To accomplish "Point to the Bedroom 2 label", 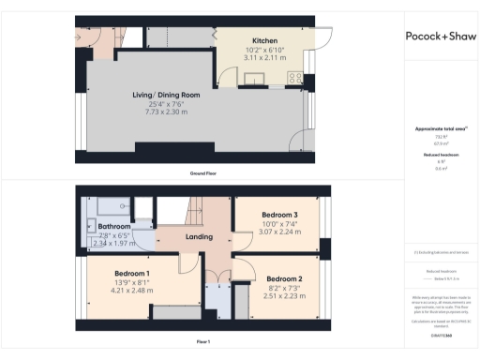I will (285, 278).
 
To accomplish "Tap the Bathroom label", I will (113, 226).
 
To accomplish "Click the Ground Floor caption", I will (204, 173).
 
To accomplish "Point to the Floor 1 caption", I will (203, 342).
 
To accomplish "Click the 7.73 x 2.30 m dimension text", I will (165, 111).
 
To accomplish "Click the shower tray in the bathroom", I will (112, 204).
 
